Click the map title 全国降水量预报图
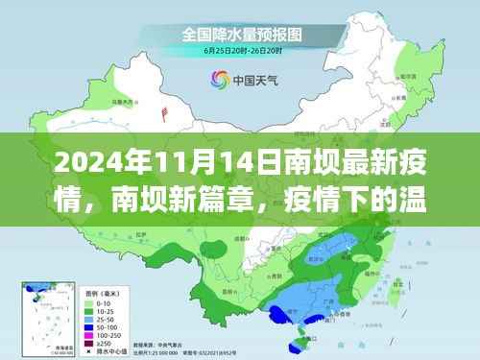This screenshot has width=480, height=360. pos(240,32)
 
